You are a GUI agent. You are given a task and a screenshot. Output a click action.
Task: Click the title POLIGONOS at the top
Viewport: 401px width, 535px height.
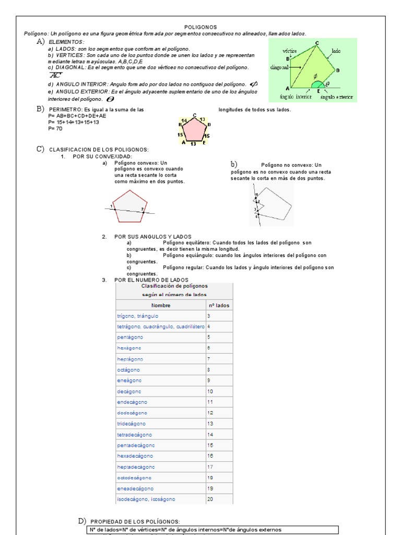point(200,27)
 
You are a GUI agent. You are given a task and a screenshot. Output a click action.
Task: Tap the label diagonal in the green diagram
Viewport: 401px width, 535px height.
point(280,67)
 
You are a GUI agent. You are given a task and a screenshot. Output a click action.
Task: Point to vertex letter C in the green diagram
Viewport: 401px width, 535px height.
point(317,42)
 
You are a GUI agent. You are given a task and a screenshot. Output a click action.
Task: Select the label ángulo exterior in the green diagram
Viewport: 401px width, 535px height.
point(337,97)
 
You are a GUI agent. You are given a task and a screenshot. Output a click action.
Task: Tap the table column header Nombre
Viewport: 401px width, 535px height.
point(161,305)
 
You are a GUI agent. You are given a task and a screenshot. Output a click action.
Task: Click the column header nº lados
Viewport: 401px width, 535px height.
point(218,305)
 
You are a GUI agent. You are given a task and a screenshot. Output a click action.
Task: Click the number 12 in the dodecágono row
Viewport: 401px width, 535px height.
point(210,413)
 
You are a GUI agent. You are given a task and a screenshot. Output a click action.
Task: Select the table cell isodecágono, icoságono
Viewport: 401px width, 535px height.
point(146,499)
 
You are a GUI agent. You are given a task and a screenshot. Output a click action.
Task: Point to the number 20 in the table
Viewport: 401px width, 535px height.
point(210,499)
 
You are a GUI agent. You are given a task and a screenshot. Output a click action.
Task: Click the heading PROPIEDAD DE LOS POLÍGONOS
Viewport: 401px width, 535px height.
point(135,521)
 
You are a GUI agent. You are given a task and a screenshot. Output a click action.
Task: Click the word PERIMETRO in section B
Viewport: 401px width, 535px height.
point(65,110)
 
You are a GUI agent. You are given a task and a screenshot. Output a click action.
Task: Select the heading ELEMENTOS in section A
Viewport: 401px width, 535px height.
point(66,41)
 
